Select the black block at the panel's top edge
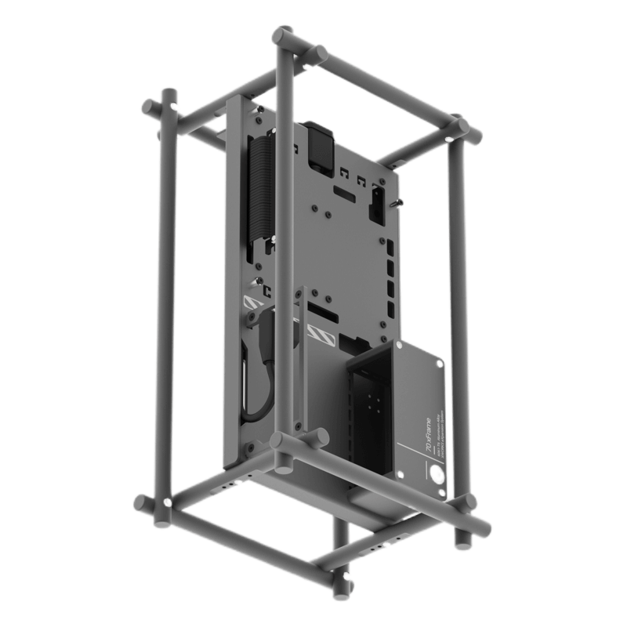(319, 146)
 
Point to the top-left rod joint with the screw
(169, 105)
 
